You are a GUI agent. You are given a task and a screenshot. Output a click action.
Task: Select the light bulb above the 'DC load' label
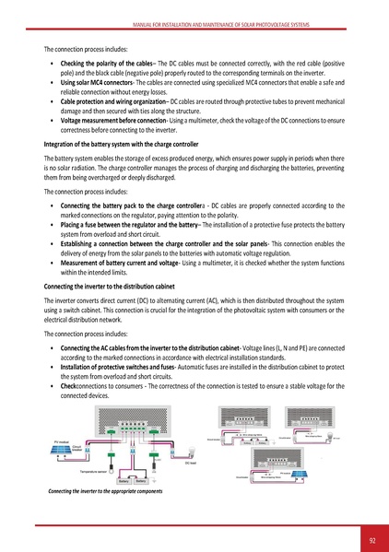pos(187,452)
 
